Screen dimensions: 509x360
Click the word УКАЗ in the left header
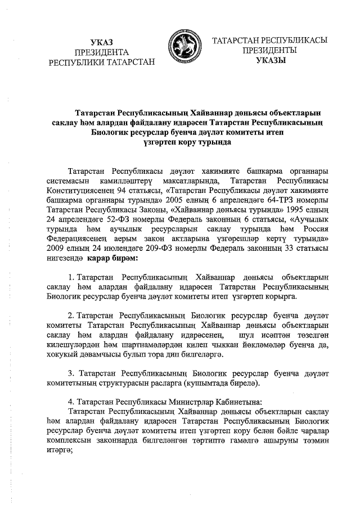click(102, 42)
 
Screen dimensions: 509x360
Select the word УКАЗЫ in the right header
click(270, 60)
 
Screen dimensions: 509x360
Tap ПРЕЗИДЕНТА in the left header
click(102, 52)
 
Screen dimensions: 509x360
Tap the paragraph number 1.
click(69, 277)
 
